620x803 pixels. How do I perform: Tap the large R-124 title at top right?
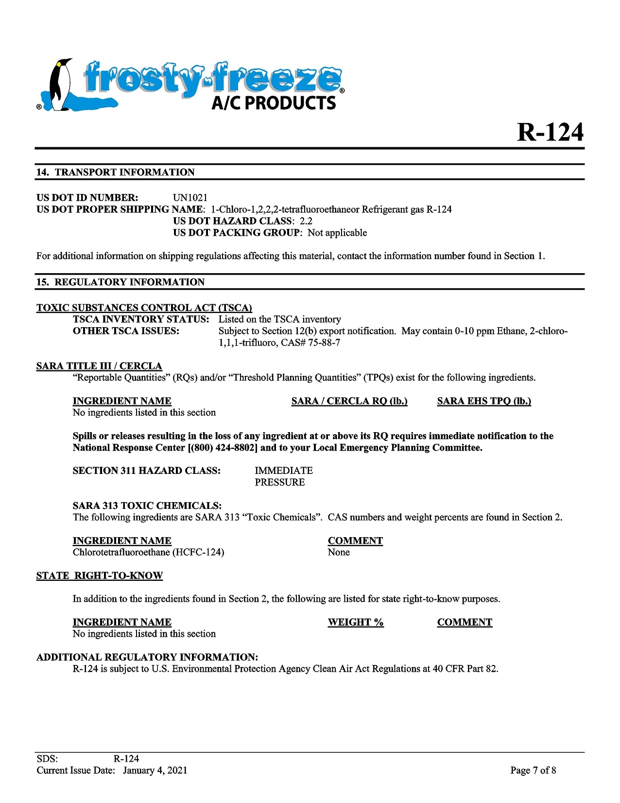[x=550, y=132]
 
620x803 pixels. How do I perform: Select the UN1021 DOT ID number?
[x=190, y=198]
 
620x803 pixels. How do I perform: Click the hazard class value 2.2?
[x=306, y=221]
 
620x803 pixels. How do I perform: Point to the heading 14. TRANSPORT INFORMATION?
[x=115, y=173]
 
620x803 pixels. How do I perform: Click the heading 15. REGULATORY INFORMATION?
[x=120, y=282]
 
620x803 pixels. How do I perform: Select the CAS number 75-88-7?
[x=324, y=343]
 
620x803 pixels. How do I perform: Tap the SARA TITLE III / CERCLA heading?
[x=99, y=366]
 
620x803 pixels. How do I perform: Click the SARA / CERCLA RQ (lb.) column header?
[x=349, y=401]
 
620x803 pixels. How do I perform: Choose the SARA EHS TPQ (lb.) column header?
[x=484, y=401]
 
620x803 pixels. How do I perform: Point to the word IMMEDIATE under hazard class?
[x=284, y=471]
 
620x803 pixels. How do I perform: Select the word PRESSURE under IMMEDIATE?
[x=280, y=482]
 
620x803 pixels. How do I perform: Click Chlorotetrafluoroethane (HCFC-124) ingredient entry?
[x=148, y=552]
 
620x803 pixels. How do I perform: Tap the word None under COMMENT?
[x=339, y=552]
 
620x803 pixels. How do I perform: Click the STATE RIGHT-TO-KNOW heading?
[x=99, y=576]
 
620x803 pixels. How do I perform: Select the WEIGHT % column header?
[x=356, y=622]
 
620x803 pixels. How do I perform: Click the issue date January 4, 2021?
[x=155, y=770]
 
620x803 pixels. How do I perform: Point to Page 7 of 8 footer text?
[x=533, y=770]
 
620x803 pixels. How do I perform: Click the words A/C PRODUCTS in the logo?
[x=274, y=103]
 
